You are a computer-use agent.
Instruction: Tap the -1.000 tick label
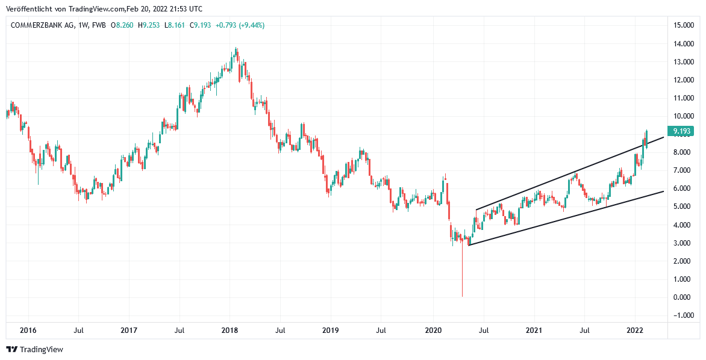(681, 315)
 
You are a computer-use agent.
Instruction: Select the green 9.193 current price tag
(681, 131)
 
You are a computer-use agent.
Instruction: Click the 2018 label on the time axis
(230, 331)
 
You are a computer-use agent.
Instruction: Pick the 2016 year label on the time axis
(28, 331)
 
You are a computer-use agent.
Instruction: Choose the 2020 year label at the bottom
(433, 331)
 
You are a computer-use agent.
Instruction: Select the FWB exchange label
(100, 25)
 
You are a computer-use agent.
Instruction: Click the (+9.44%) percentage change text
(251, 25)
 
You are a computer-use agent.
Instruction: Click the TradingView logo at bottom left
(34, 349)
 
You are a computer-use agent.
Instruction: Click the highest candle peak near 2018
(237, 49)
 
